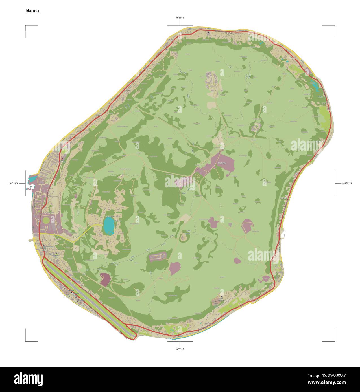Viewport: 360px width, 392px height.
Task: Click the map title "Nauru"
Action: (32, 11)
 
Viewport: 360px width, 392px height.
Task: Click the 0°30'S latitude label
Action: (180, 18)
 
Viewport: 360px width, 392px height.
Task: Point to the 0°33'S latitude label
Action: (180, 349)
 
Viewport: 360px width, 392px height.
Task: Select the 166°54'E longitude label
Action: (13, 184)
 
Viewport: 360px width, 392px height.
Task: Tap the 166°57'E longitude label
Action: (347, 184)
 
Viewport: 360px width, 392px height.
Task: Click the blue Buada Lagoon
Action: (109, 226)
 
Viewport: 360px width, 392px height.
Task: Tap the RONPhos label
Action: (222, 163)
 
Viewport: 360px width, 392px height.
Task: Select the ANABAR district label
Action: (291, 58)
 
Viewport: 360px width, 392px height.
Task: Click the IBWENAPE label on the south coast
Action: (209, 324)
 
